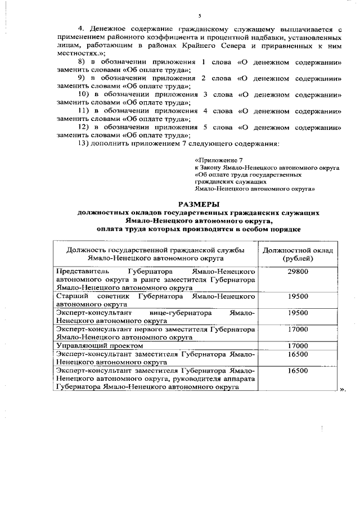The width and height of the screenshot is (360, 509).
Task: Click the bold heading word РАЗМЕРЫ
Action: pos(199,205)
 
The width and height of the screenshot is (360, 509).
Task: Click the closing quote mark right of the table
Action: pos(341,389)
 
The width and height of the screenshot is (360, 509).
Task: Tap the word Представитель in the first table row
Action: pos(82,271)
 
